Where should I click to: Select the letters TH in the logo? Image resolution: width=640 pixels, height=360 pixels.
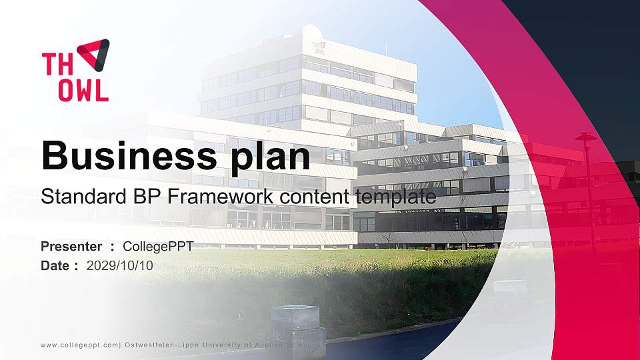coord(55,65)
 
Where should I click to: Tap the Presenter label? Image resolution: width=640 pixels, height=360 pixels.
coord(71,247)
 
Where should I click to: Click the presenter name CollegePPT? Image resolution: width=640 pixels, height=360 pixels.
coord(158,247)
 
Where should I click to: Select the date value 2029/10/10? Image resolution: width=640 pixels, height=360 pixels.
coord(119,265)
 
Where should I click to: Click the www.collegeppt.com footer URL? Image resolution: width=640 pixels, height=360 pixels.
coord(79,345)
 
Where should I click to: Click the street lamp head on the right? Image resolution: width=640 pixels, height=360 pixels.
coord(585,137)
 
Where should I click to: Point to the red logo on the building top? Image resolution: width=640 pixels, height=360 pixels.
coord(319,47)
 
